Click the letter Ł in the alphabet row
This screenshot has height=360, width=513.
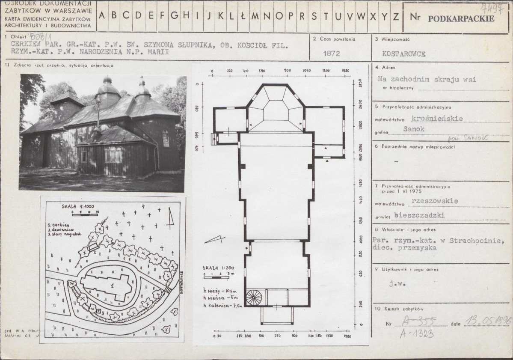coord(242,16)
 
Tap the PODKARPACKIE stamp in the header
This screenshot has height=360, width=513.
coord(461,18)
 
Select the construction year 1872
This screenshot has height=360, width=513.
coord(332,54)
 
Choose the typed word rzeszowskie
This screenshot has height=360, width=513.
coord(434,200)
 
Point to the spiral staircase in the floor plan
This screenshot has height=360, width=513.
coord(255,297)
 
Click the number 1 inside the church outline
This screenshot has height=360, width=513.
coord(112,287)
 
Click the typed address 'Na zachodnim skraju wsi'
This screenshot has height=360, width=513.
coord(427,79)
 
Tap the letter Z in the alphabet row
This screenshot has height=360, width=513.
coord(396,16)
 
